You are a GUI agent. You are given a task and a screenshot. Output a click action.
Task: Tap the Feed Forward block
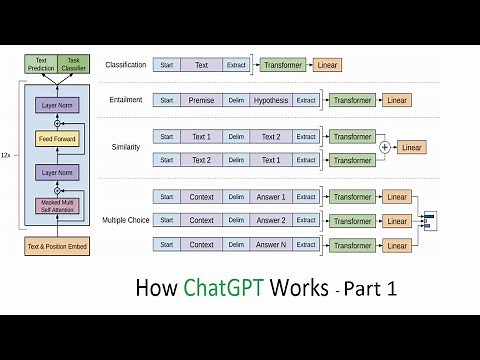[56, 138]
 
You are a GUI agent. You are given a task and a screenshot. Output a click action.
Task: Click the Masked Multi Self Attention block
[56, 206]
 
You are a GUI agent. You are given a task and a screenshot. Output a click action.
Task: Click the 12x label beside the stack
[7, 156]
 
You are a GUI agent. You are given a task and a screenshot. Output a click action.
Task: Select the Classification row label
[126, 65]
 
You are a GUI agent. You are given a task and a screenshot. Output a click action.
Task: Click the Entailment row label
[126, 100]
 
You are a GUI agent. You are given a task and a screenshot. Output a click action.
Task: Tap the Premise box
[201, 100]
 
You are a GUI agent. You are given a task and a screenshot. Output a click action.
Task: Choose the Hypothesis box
[270, 100]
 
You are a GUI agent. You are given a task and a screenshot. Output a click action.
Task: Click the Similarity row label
[126, 147]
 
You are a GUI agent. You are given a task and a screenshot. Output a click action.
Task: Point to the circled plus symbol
[385, 147]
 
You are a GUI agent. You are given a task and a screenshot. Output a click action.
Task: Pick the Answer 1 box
[270, 197]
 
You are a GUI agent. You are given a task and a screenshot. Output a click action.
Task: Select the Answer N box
[270, 244]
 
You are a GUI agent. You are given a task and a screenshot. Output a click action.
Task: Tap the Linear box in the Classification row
[326, 65]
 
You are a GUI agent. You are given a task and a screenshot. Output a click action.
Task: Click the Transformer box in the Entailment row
[353, 100]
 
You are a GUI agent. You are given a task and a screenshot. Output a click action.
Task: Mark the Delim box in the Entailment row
[236, 100]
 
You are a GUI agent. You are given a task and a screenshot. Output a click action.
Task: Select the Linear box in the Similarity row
[411, 147]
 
